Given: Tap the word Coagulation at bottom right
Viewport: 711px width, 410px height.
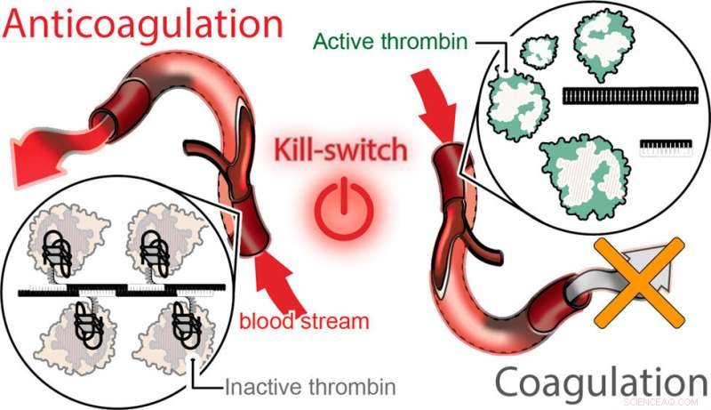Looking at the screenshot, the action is tap(600, 383).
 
